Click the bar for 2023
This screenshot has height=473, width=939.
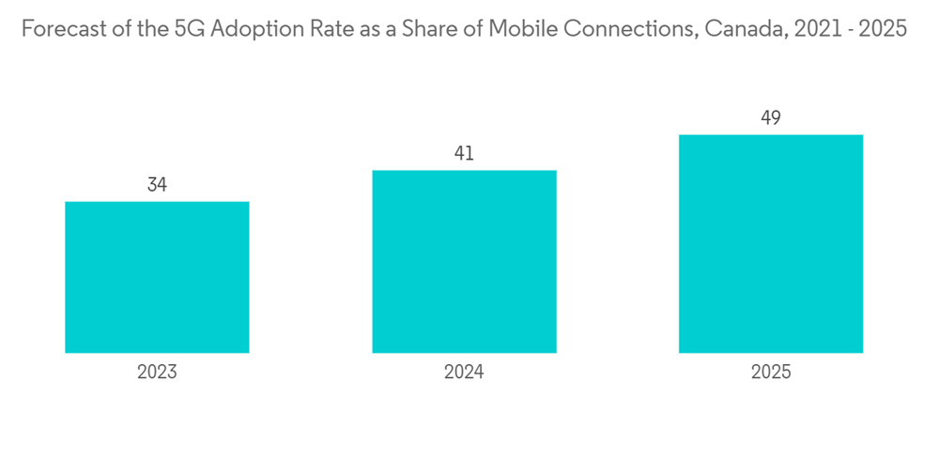pos(157,277)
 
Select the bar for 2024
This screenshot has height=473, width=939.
pos(464,261)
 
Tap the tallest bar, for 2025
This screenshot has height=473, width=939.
pos(771,244)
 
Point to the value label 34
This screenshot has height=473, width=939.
pos(157,186)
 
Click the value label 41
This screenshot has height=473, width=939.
pos(464,154)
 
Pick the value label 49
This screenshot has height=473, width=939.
pos(771,118)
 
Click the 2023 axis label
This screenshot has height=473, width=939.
pos(157,372)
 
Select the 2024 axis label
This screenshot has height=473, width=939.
pos(464,372)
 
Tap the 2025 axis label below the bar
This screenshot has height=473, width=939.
pos(771,372)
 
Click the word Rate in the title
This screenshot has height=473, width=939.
pos(319,29)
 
